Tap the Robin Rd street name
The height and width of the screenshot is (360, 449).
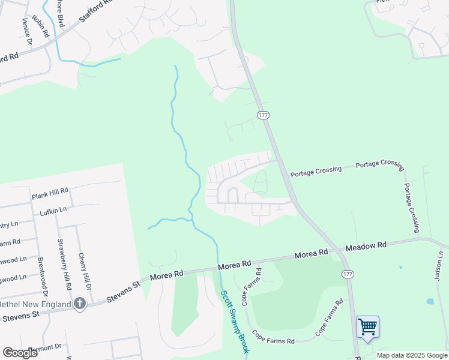(x=41, y=27)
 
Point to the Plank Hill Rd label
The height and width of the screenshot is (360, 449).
(x=50, y=193)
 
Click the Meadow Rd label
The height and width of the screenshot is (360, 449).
(x=366, y=246)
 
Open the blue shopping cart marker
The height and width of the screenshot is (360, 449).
(x=367, y=328)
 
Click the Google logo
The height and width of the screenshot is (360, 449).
(x=20, y=352)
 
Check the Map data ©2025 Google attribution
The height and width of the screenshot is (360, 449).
(x=412, y=355)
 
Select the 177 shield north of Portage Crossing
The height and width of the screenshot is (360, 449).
(x=262, y=115)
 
